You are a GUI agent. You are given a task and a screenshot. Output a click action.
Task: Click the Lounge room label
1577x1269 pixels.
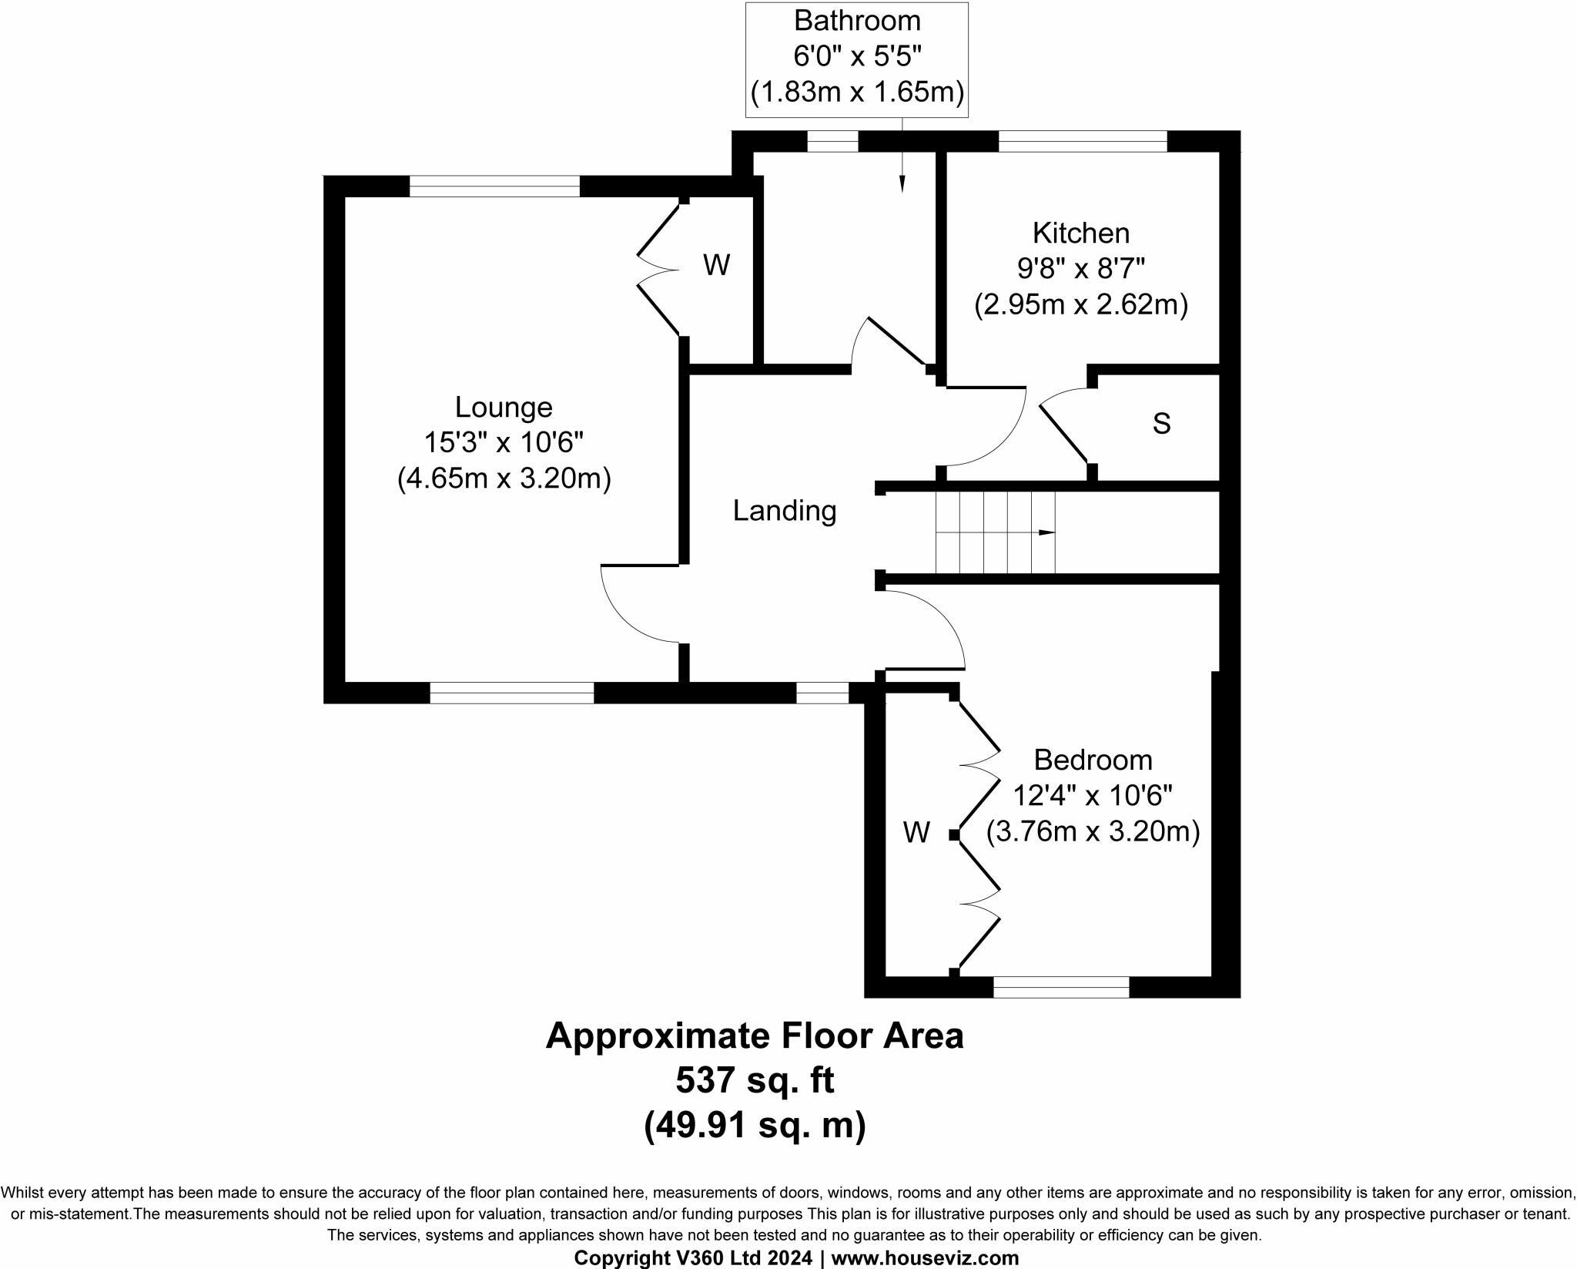(x=504, y=407)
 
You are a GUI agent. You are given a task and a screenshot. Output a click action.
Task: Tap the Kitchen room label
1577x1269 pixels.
(x=1080, y=233)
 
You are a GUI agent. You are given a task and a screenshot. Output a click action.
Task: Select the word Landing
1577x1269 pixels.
(x=784, y=511)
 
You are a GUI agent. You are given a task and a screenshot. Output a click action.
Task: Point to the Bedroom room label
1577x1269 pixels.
(x=1093, y=760)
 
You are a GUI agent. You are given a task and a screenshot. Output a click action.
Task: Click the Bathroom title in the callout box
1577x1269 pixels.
(x=857, y=22)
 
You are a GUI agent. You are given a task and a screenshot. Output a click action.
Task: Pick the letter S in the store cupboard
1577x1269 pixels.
(x=1161, y=424)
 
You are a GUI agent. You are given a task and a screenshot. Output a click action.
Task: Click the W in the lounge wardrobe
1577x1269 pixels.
(x=716, y=266)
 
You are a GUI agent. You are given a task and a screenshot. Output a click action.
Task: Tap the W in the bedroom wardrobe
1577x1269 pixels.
(x=916, y=833)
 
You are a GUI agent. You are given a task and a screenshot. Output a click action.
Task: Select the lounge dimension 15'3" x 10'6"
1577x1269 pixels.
(x=504, y=443)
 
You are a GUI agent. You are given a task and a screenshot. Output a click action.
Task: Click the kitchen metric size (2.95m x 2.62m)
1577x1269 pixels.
(x=1080, y=306)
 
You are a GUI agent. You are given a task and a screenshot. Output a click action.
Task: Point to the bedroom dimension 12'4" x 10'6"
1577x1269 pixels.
(x=1093, y=796)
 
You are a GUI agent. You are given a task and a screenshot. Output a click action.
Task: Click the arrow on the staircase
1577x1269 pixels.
(x=1046, y=532)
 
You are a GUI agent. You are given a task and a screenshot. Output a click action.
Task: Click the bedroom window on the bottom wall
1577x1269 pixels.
(x=1061, y=987)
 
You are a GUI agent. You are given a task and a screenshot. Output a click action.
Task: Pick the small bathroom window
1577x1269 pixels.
(x=832, y=141)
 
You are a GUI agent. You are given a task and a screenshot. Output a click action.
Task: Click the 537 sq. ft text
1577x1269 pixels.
(x=755, y=1081)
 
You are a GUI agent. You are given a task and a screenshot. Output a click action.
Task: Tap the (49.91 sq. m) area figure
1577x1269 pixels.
(x=755, y=1126)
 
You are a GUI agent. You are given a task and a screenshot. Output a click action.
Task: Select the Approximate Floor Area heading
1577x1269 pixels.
(x=755, y=1036)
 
